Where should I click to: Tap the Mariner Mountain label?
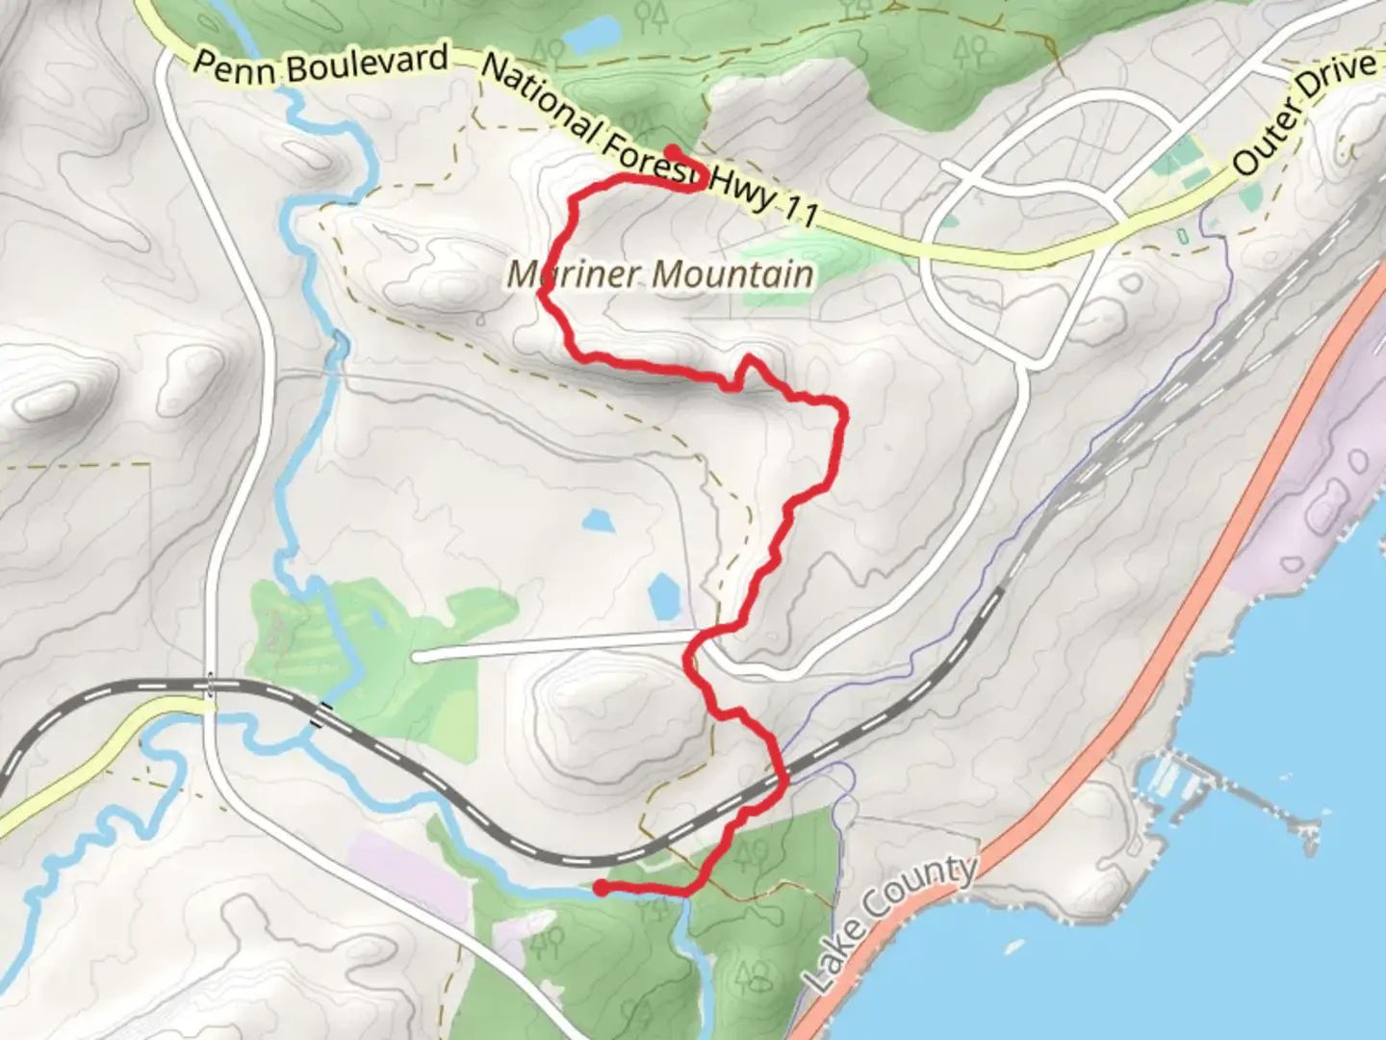click(x=660, y=274)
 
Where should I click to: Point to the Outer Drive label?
click(x=1303, y=114)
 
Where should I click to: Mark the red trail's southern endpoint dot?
click(x=600, y=888)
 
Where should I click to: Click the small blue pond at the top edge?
click(x=590, y=37)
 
